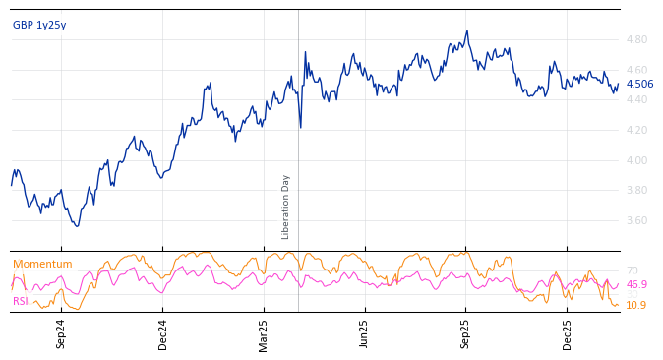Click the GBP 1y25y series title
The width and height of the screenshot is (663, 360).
point(39,26)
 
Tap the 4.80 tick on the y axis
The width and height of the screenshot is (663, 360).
point(636,39)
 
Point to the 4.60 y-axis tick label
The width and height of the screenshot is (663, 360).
point(636,70)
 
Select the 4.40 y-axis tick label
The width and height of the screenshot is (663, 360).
point(636,99)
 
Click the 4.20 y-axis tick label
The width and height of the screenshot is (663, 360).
point(636,130)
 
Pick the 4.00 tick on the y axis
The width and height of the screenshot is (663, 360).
point(636,160)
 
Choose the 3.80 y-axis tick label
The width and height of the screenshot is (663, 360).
point(636,190)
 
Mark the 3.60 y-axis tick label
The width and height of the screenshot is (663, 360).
point(636,220)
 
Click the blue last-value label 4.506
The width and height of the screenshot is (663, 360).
point(639,85)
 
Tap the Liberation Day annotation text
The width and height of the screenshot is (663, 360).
point(286,207)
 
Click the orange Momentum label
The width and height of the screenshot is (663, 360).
point(42,265)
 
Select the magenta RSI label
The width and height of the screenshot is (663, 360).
point(21,302)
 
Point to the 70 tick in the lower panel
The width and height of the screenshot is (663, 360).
point(632,270)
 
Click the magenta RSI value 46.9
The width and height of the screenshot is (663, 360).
point(636,285)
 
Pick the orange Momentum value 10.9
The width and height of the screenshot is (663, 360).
point(636,306)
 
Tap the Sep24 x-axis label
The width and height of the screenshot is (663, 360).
point(61,333)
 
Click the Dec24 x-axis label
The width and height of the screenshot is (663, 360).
point(163,333)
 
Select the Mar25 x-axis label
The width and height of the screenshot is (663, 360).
point(264,333)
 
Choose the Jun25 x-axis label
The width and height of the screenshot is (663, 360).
point(365,333)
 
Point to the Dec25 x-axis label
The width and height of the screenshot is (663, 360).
point(568,333)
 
